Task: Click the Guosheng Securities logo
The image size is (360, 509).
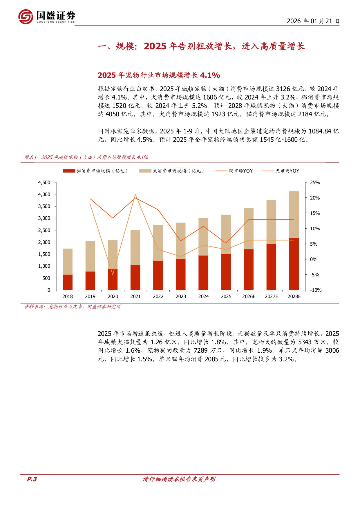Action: point(46,17)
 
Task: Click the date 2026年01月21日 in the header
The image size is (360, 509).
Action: point(313,21)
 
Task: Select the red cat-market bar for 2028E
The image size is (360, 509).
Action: point(294,264)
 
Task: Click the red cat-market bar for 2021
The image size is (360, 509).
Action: point(135,277)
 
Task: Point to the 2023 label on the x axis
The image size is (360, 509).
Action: point(181,296)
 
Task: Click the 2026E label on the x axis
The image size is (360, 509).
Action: point(249,296)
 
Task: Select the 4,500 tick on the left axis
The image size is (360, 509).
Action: point(44,182)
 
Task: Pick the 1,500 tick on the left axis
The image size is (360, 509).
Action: point(44,254)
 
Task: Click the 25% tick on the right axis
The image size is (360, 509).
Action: point(315,182)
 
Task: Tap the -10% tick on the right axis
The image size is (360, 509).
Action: point(316,290)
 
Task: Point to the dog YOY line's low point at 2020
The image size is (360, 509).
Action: point(113,274)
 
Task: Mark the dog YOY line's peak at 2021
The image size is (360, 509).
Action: point(135,195)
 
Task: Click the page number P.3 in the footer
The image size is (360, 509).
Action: point(32,479)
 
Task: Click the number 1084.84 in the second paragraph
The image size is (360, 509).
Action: point(319,131)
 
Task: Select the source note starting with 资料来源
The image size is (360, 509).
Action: point(73,307)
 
